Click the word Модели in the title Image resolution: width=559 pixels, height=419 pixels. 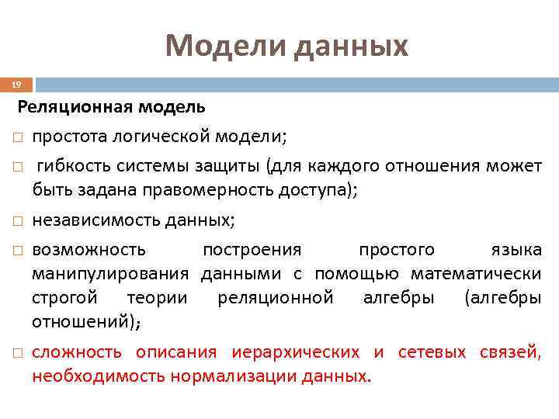coord(224,46)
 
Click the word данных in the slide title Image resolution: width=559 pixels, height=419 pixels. coord(349,46)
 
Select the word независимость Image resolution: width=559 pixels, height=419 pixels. coord(96,220)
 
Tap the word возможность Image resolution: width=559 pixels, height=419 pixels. coord(89,250)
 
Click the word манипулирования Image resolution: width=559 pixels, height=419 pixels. coord(110,273)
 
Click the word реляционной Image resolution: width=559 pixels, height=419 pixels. coord(276,297)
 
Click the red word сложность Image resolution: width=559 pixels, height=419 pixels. coord(77,352)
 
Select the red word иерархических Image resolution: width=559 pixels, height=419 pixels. coord(295,352)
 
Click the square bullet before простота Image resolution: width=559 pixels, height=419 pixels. coord(16,138)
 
